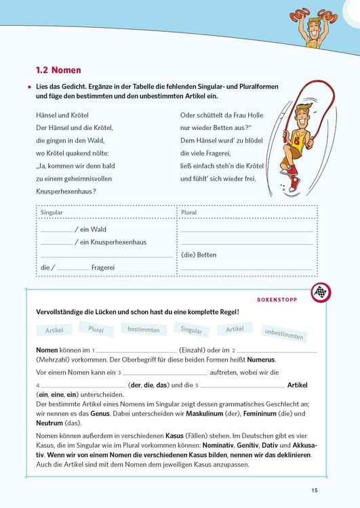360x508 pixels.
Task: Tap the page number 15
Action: coord(315,490)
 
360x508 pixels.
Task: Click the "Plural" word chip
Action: coord(96,329)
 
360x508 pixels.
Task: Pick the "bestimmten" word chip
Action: coord(143,330)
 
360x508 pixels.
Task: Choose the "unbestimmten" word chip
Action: coord(284,334)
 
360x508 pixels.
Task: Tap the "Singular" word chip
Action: coord(191,331)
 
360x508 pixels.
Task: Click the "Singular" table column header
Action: coord(52,212)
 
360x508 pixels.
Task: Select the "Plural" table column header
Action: coord(189,212)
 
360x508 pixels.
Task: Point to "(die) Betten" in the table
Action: coord(199,255)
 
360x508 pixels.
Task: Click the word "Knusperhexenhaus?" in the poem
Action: coord(66,192)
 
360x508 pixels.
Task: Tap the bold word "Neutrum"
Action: coord(51,423)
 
